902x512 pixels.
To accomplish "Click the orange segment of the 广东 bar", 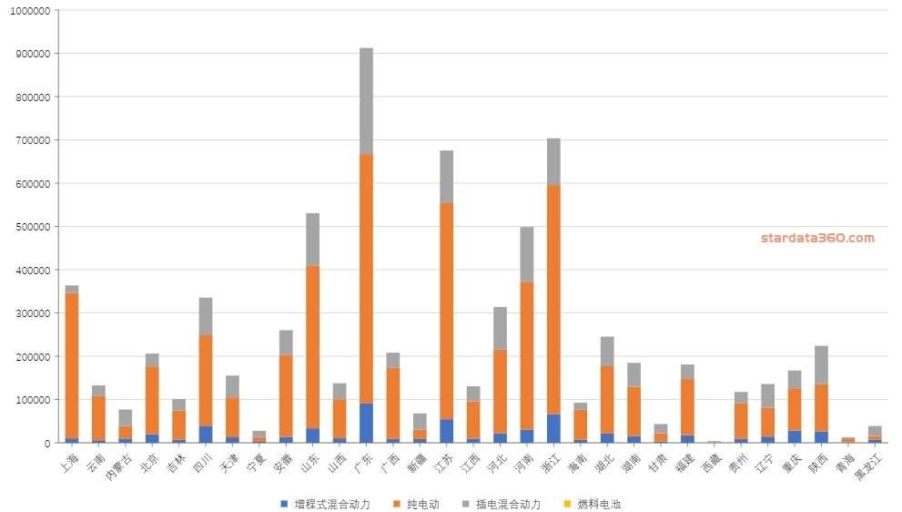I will pos(366,278).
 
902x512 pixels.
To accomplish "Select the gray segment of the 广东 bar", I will pos(366,100).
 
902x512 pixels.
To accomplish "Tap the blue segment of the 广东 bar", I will pos(366,423).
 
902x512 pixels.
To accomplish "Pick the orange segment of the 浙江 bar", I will pos(553,300).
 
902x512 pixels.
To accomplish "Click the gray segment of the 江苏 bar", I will pos(446,177).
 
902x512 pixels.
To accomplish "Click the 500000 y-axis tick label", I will pos(30,227).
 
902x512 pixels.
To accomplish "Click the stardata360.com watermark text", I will pos(817,238).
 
